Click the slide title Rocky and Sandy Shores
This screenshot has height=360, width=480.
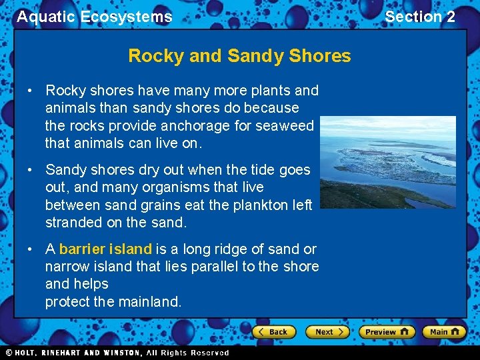(x=239, y=55)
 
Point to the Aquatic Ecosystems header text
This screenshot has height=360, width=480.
(x=94, y=17)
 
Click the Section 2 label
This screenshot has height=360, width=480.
(x=420, y=17)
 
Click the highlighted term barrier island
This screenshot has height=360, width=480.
(x=105, y=249)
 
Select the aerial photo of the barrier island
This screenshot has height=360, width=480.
(x=388, y=162)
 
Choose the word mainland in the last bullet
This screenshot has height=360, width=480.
(x=149, y=302)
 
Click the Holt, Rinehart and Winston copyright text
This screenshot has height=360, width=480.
(x=117, y=353)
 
